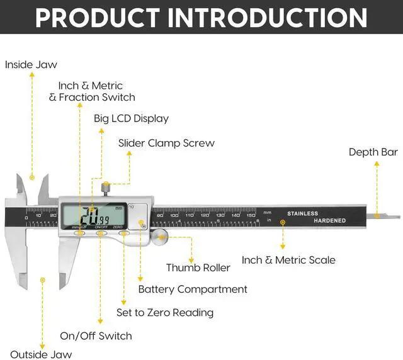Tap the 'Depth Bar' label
click(373, 152)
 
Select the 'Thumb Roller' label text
click(198, 267)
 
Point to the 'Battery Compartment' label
click(192, 290)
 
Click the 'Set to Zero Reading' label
click(165, 312)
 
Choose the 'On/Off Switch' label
click(96, 335)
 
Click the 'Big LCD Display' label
click(131, 118)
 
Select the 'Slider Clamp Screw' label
click(166, 143)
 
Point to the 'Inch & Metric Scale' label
click(288, 260)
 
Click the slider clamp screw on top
click(106, 188)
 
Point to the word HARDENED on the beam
click(330, 221)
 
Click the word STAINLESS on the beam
click(303, 213)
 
